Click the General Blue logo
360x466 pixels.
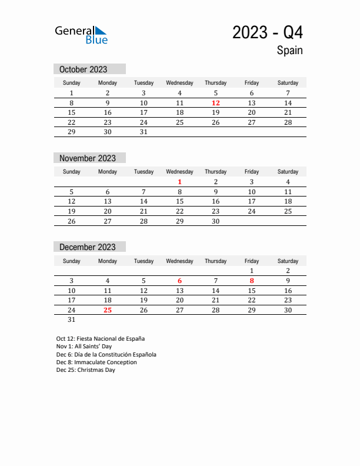[81, 34]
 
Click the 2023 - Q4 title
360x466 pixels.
[268, 32]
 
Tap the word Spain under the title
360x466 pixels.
[289, 51]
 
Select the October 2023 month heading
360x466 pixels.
[83, 69]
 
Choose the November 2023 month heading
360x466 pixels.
[87, 158]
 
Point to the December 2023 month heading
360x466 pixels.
[87, 247]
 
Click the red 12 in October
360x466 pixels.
[216, 103]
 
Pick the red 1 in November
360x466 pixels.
[180, 182]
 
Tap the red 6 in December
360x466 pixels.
[180, 281]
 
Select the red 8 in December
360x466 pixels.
[252, 281]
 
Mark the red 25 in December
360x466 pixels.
[108, 310]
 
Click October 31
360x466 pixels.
[144, 132]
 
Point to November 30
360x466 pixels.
[216, 221]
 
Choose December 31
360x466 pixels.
[72, 320]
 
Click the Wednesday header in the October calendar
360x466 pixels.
[180, 83]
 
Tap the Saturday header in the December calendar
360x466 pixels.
[288, 261]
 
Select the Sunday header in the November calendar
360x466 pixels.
[72, 172]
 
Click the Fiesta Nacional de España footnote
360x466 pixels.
[101, 339]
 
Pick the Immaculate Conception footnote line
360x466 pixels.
[96, 362]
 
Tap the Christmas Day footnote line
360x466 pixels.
[86, 370]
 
